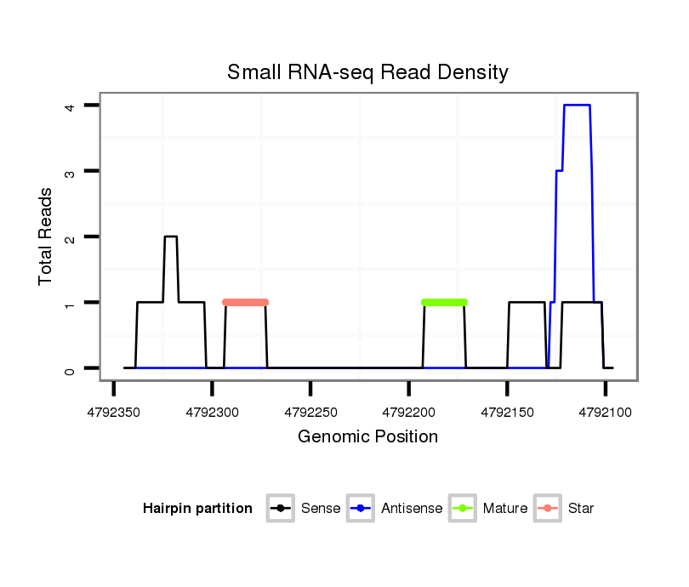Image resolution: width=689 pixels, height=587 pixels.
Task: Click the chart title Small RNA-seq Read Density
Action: (x=367, y=72)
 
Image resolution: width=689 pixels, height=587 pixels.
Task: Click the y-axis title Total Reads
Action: (x=47, y=236)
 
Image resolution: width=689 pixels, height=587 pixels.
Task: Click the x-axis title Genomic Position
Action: (x=367, y=437)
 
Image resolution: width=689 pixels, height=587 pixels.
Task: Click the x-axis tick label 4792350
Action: (x=114, y=412)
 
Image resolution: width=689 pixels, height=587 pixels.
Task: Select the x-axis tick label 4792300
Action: (x=212, y=412)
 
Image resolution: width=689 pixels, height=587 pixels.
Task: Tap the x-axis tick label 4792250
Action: (x=310, y=412)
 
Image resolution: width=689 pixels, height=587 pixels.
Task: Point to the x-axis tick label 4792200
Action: (x=408, y=412)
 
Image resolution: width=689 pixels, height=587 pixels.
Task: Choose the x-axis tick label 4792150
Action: (x=507, y=412)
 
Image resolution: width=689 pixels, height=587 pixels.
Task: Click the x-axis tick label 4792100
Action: (x=605, y=412)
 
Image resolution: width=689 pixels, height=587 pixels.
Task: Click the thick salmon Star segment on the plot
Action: (x=245, y=302)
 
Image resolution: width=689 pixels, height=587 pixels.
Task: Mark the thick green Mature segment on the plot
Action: (x=444, y=302)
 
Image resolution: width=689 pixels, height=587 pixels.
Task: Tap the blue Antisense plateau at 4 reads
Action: (x=578, y=105)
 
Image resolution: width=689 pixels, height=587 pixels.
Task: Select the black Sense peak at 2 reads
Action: (x=171, y=237)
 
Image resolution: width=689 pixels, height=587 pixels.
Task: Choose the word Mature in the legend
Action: (x=505, y=509)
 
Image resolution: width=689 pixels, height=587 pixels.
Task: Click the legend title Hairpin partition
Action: (x=197, y=509)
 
